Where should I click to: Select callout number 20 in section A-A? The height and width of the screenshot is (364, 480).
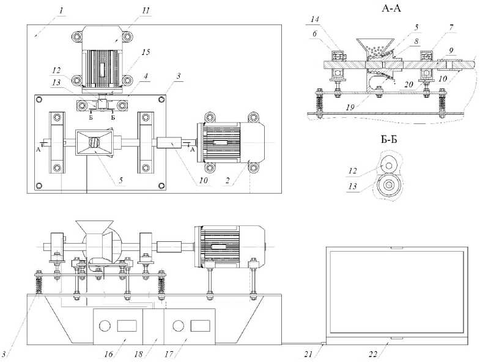point(408,86)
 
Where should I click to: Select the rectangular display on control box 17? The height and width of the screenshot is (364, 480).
point(199,325)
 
